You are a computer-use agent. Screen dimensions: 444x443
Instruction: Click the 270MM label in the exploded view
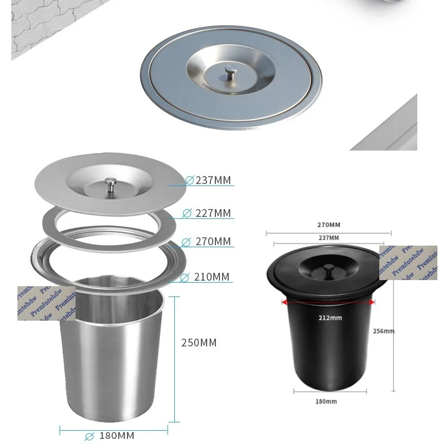click(x=212, y=242)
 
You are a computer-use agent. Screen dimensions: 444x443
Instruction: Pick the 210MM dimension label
click(x=211, y=277)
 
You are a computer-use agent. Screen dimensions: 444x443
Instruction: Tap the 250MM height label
click(x=199, y=343)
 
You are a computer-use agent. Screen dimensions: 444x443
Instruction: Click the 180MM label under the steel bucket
click(x=116, y=436)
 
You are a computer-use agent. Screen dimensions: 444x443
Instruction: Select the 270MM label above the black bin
click(x=328, y=225)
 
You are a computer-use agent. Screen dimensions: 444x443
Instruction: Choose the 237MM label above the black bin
click(x=328, y=238)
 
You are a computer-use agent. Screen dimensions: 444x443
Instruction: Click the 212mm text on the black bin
click(x=329, y=318)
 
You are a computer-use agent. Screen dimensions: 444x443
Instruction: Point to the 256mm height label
click(x=383, y=331)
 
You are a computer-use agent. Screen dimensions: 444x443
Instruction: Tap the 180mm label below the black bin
click(x=326, y=401)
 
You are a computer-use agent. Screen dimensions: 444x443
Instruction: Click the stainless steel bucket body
click(x=110, y=360)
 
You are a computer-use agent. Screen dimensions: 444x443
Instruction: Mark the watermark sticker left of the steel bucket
click(x=46, y=303)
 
